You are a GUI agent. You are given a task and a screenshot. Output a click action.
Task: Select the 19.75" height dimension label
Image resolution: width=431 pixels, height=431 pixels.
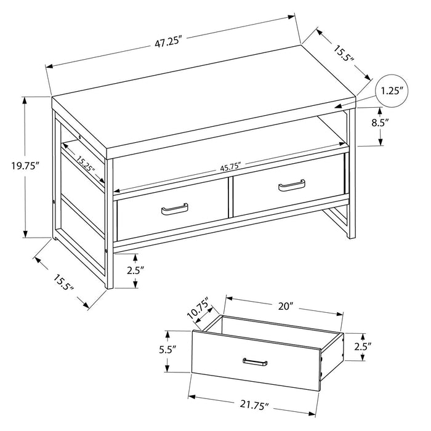point(25,165)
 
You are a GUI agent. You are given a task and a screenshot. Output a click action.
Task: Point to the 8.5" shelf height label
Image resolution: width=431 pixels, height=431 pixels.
point(379,123)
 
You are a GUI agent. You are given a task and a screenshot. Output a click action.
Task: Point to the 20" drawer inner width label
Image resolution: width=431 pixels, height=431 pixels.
point(284,306)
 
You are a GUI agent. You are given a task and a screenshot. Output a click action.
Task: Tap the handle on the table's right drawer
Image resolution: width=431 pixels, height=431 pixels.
point(292,183)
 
